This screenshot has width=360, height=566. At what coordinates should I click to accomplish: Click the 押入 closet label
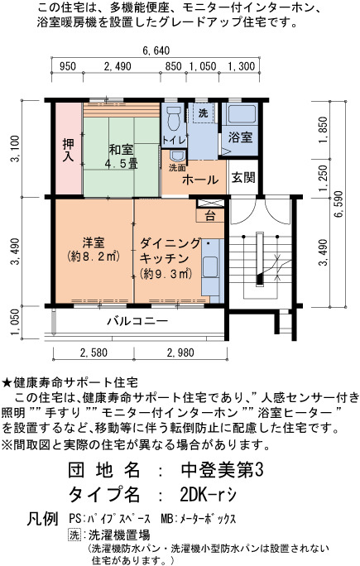[x=68, y=150]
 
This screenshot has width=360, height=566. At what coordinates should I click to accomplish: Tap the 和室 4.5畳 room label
[x=122, y=156]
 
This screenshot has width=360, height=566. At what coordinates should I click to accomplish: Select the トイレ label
[x=174, y=140]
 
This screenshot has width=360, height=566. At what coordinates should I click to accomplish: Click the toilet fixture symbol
[x=174, y=118]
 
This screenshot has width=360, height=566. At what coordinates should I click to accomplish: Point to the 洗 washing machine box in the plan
[x=203, y=113]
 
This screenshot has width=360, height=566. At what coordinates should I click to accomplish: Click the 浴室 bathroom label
[x=240, y=137]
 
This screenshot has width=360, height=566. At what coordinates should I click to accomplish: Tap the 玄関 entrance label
[x=243, y=178]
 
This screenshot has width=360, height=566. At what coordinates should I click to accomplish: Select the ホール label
[x=200, y=180]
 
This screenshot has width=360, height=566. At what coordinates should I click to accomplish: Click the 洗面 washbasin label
[x=177, y=168]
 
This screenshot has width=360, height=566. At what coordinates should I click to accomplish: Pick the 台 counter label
[x=210, y=216]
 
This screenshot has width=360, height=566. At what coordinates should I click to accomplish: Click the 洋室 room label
[x=94, y=242]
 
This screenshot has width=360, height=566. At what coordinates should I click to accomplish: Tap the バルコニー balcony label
[x=137, y=320]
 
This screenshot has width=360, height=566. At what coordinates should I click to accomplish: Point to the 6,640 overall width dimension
[x=156, y=51]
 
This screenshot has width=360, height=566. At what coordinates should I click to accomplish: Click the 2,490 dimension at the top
[x=118, y=66]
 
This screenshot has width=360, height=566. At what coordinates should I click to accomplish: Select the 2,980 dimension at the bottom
[x=180, y=353]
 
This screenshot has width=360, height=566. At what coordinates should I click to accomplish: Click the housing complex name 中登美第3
[x=222, y=470]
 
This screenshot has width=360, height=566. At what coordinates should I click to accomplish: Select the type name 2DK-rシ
[x=208, y=495]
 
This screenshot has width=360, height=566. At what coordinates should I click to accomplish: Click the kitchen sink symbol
[x=209, y=267]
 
